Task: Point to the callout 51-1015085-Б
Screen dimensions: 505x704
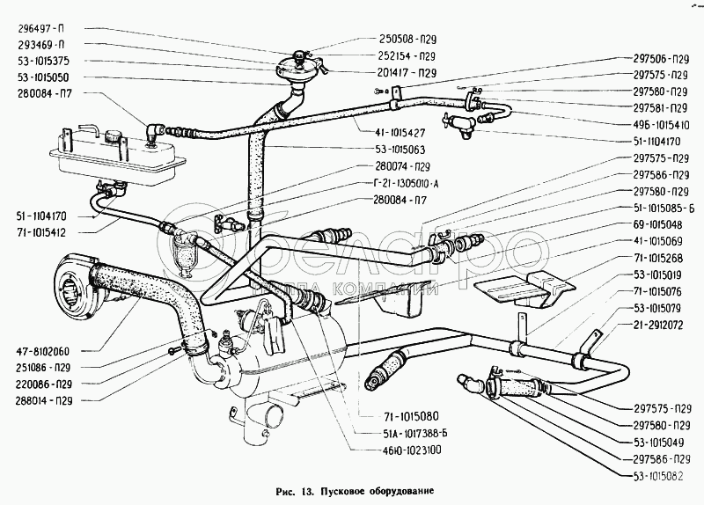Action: [661, 209]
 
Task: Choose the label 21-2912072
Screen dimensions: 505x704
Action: [661, 325]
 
